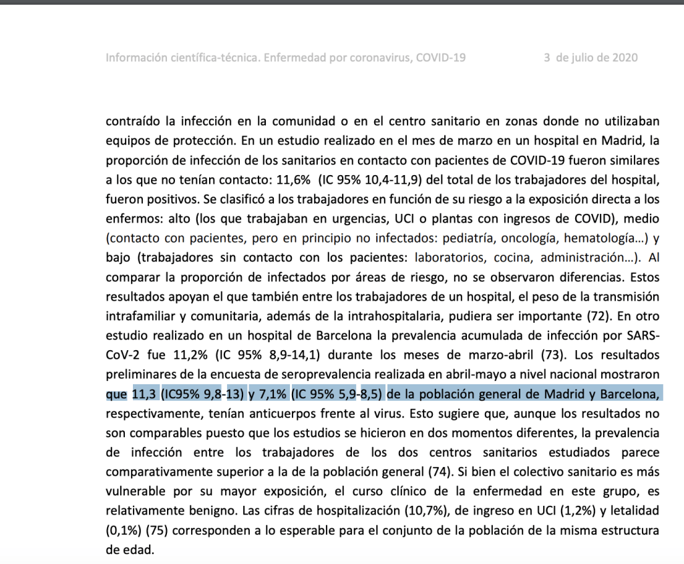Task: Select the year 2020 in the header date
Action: tap(624, 57)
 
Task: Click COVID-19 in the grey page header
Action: tap(440, 57)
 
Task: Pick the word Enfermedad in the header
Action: tap(289, 57)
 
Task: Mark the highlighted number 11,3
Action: tap(144, 392)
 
